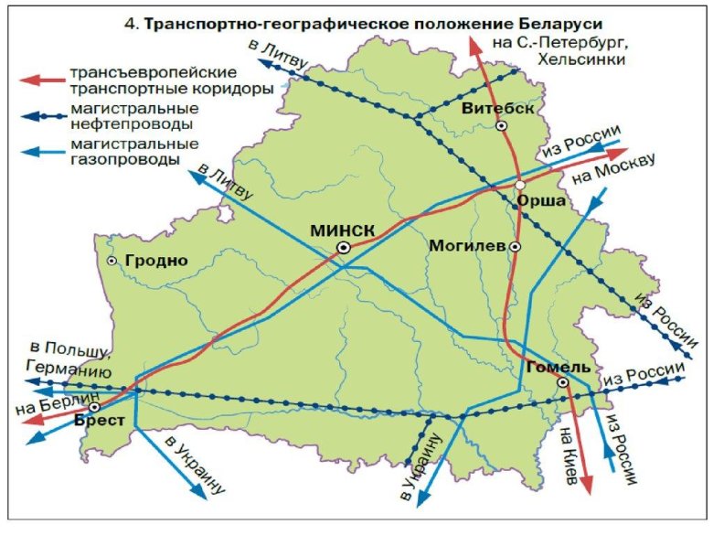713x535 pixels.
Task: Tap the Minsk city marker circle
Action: point(344,247)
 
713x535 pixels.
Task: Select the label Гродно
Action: point(156,261)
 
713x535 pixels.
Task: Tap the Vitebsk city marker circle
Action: point(502,126)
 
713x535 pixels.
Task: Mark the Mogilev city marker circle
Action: point(516,247)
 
